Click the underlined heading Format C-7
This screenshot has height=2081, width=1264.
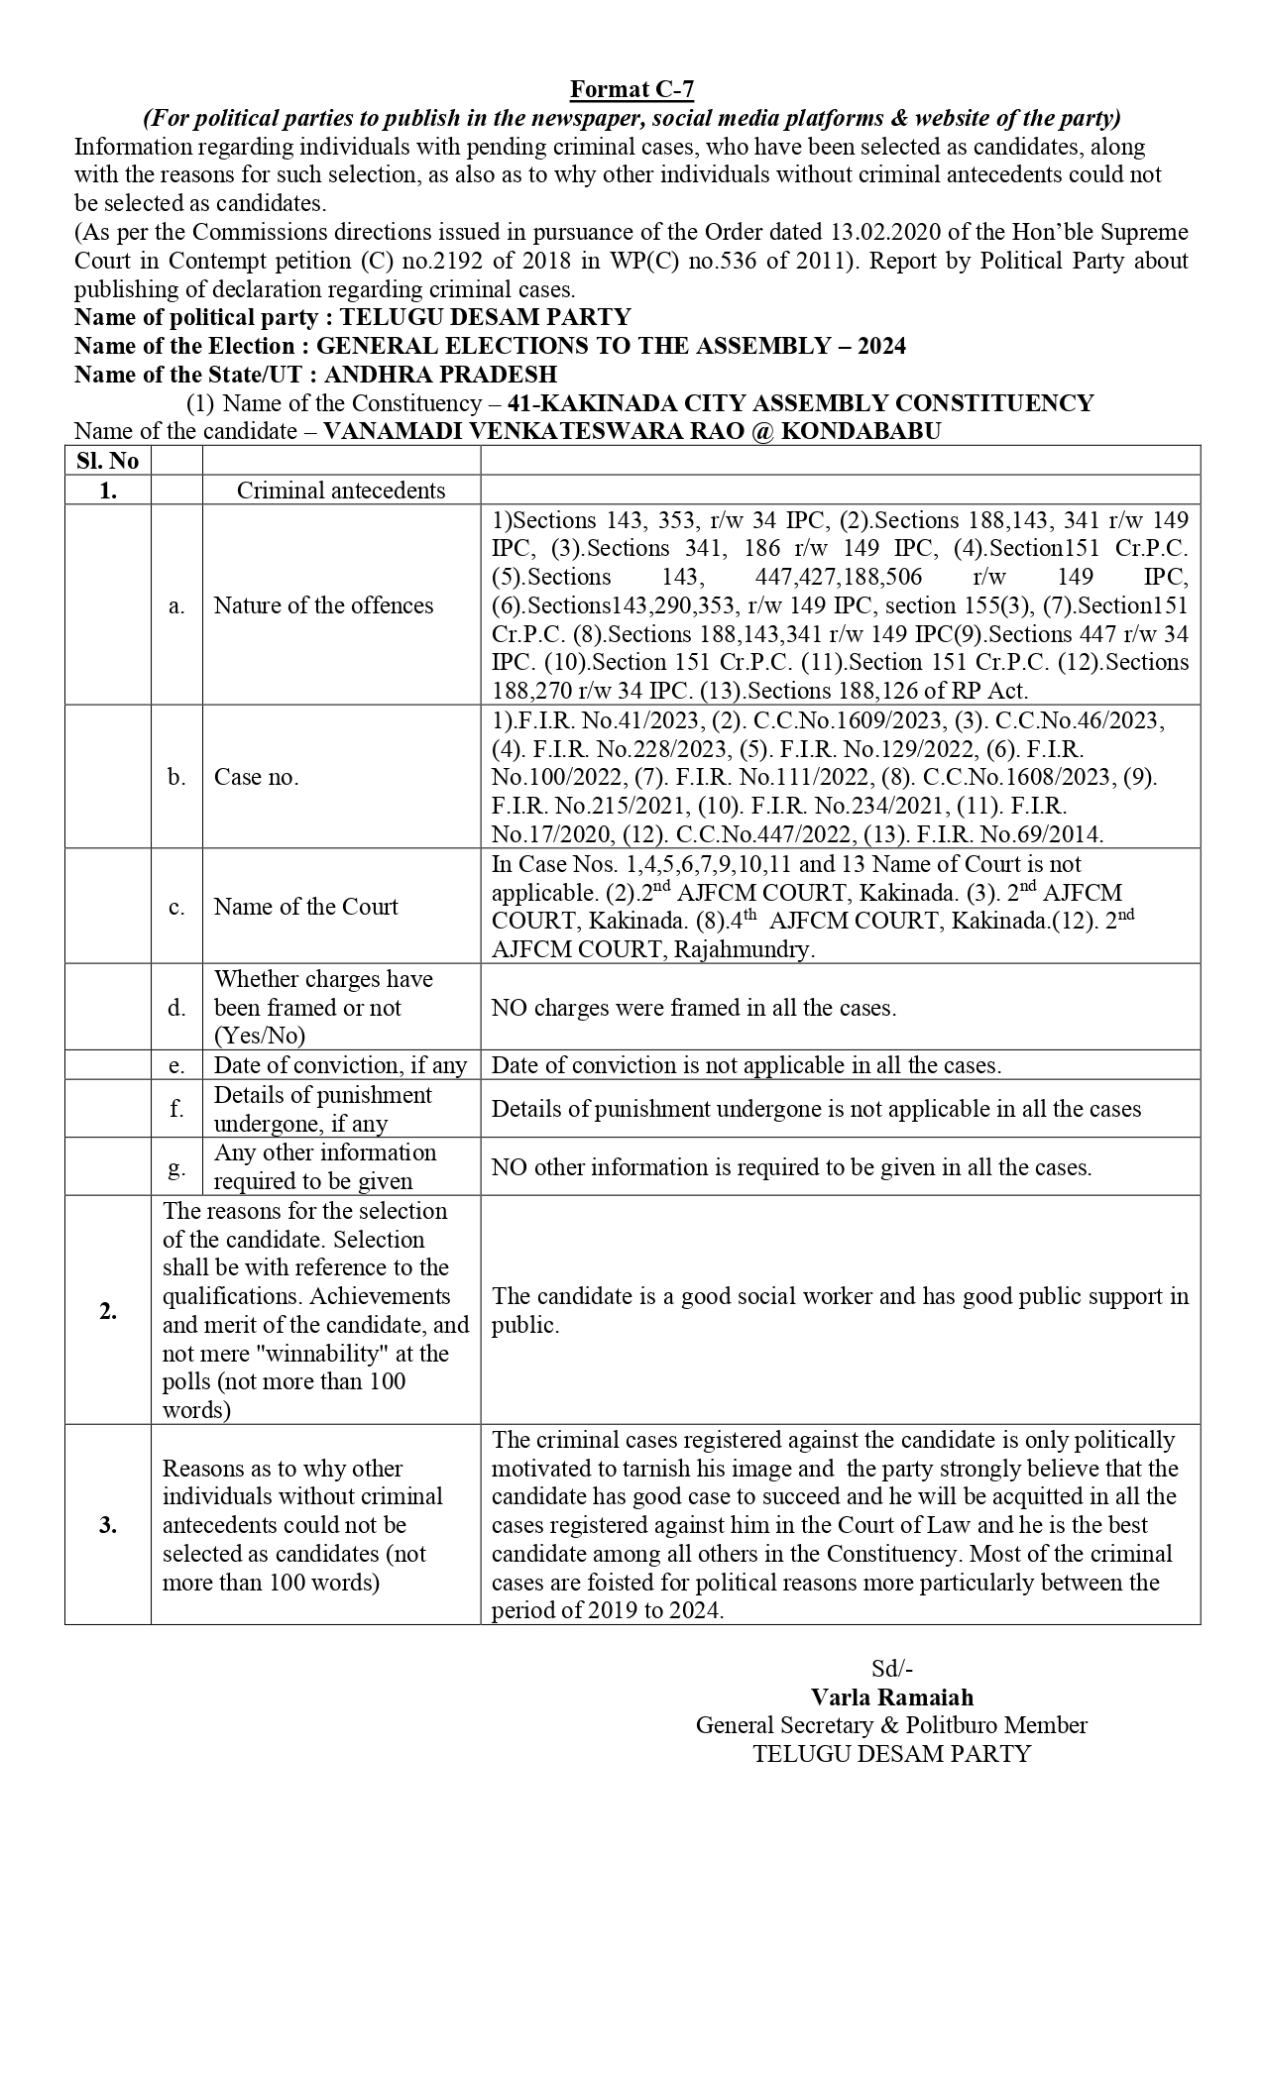(632, 90)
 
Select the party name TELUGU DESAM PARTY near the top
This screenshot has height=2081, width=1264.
(485, 318)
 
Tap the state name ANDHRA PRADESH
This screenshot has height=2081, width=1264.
(440, 376)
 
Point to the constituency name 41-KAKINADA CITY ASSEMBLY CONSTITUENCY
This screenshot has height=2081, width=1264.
(800, 404)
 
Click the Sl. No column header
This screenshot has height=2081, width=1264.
(108, 461)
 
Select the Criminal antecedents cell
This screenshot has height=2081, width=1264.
(341, 491)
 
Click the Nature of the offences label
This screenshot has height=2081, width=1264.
(323, 605)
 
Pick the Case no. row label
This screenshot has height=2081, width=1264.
(256, 777)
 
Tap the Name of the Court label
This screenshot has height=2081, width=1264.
(305, 907)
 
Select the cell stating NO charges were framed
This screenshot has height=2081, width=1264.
(694, 1008)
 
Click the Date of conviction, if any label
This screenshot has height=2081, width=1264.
(340, 1065)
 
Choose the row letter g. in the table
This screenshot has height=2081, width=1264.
(176, 1167)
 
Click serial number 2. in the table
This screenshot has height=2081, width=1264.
(108, 1311)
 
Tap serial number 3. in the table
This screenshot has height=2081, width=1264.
(108, 1525)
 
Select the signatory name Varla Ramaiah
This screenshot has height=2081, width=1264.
(891, 1698)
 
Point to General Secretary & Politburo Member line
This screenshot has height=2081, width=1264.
(891, 1725)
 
